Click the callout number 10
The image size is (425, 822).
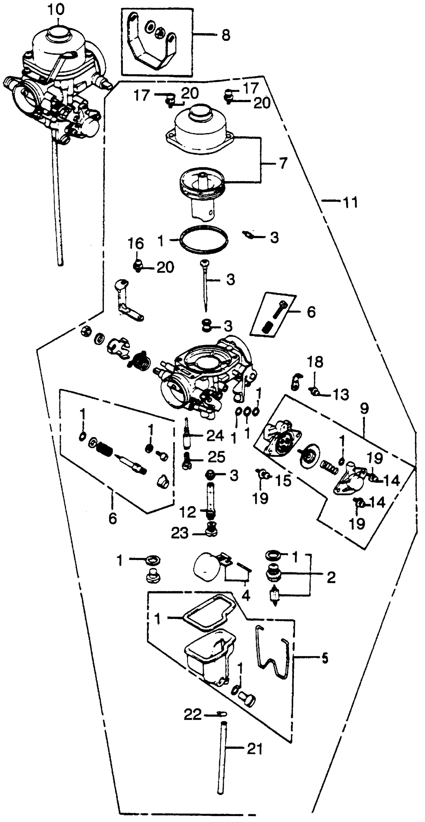click(x=56, y=9)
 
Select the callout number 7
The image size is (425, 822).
click(x=283, y=163)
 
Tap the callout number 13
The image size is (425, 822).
click(x=341, y=395)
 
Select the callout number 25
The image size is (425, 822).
click(x=216, y=457)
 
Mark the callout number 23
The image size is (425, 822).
click(x=180, y=533)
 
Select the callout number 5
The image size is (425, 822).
click(x=324, y=659)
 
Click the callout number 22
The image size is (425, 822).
click(x=192, y=715)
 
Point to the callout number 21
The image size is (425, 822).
click(x=254, y=749)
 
